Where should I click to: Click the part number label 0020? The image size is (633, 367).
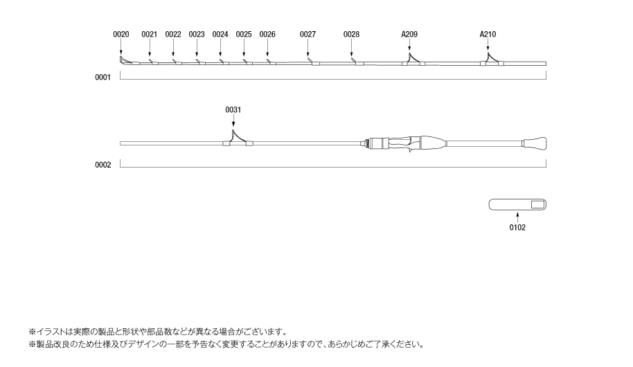pos(121,34)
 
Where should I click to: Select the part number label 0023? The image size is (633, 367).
pos(197,34)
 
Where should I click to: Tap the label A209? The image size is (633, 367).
pos(409,34)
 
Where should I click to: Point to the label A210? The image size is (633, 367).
pos(488,34)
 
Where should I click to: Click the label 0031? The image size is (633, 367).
pos(233,109)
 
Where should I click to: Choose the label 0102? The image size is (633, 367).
pos(517,227)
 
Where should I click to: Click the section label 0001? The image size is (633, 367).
pos(102,78)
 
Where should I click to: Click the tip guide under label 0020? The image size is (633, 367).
pos(123,61)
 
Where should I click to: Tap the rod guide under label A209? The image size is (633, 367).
pos(413,60)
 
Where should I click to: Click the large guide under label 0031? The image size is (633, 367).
pos(238,138)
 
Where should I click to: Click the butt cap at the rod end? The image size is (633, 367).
pos(535,144)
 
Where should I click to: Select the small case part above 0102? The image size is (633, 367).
pos(517,204)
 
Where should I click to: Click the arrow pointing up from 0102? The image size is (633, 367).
pos(517,217)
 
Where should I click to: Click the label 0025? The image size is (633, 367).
pos(244,34)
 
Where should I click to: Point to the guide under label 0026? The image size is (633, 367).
pos(269,62)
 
